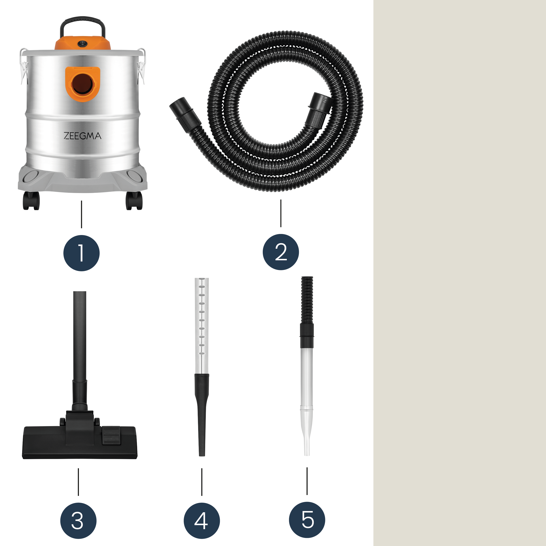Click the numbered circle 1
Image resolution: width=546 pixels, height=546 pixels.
point(81,253)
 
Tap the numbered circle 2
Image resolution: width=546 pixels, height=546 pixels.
point(281,252)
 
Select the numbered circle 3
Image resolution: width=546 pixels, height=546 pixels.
point(78,521)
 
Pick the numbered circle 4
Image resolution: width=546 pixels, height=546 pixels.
point(202,521)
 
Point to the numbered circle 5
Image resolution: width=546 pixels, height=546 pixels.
point(307,520)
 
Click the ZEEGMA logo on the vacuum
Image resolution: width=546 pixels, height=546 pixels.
point(82,136)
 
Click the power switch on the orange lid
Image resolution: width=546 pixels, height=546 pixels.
point(83,44)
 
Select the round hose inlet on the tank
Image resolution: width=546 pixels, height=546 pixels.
point(82,84)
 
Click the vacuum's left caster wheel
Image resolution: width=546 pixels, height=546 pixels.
point(31,201)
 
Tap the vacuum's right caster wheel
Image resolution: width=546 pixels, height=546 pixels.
point(134,201)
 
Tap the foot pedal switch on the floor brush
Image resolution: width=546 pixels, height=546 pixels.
point(111,436)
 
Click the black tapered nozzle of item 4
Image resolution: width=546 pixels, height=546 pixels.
point(202,415)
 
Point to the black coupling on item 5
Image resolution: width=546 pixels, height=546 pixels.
point(307,336)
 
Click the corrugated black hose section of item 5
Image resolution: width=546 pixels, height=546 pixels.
point(307,300)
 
